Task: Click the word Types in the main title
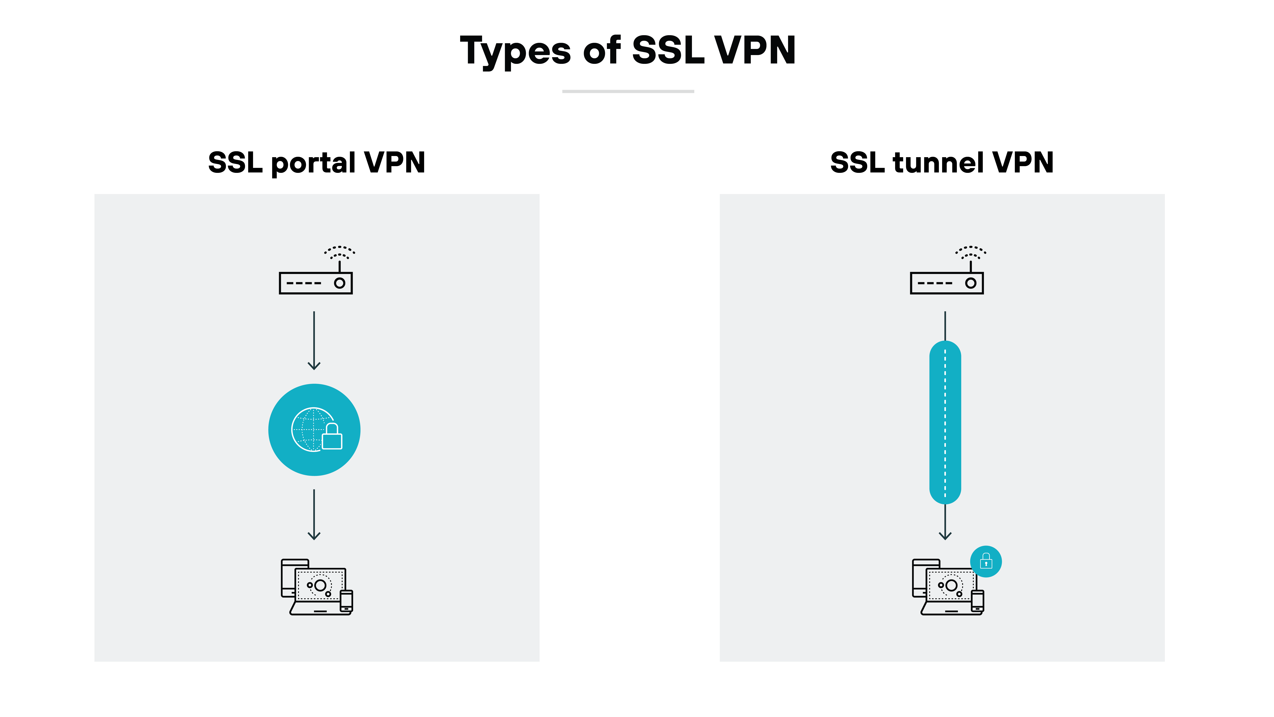pos(515,51)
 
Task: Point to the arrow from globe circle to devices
pos(314,515)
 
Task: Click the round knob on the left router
pos(339,283)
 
